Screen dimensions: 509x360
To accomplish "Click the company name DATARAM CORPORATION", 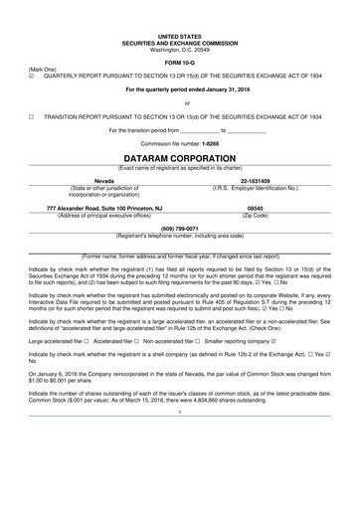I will pyautogui.click(x=179, y=158).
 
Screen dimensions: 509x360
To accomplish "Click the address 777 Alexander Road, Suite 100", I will pyautogui.click(x=90, y=208).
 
